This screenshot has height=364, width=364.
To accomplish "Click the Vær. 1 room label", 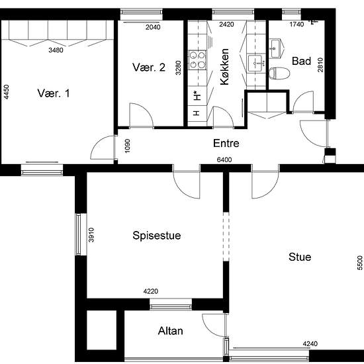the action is [x=54, y=93].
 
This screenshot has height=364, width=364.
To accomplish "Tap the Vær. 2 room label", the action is [x=149, y=68].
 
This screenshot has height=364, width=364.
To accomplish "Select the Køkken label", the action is [x=224, y=67].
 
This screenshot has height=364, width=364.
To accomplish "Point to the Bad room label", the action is [x=301, y=61].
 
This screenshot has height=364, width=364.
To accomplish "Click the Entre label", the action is [x=226, y=143].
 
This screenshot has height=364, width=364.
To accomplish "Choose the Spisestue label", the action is [x=157, y=236].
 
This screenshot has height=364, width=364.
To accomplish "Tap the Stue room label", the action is [x=300, y=257].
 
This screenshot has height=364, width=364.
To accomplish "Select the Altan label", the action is [x=170, y=331].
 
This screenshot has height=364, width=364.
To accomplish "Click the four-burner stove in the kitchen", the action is [x=197, y=60].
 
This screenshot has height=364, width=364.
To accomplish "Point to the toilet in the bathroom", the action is [x=279, y=73].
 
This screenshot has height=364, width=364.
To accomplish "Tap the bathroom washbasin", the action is [x=276, y=48].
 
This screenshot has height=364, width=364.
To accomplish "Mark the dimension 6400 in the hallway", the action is [x=224, y=159].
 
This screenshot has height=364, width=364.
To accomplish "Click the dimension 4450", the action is [x=7, y=92].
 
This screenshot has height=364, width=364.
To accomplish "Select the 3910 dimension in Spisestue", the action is [x=91, y=235].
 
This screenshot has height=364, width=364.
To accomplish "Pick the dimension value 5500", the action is [x=359, y=263].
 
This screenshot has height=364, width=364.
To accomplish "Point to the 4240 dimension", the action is [x=310, y=343].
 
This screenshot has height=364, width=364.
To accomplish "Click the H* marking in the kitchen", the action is [x=197, y=96].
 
